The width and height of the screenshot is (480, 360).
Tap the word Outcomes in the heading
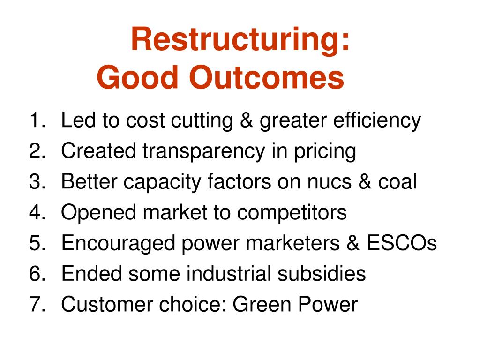tap(267, 77)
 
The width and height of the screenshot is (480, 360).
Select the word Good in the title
tap(137, 77)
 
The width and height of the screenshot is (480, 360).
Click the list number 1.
tap(37, 120)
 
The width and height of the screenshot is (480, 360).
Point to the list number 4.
tap(37, 212)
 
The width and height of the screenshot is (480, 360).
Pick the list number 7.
tap(37, 304)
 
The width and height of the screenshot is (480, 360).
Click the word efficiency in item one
tap(377, 121)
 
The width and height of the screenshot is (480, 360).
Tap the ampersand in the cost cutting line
tap(247, 120)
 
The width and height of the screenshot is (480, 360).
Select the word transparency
tap(204, 151)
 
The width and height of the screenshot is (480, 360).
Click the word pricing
tap(325, 151)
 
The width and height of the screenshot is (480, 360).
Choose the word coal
tap(397, 181)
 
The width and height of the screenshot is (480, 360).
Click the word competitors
tap(292, 213)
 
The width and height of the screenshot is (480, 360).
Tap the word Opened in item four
tap(98, 213)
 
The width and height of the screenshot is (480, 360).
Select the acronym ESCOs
tap(402, 243)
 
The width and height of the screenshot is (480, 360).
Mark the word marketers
tap(293, 243)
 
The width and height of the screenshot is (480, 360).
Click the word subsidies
tap(322, 273)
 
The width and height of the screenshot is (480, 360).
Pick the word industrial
tap(228, 273)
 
